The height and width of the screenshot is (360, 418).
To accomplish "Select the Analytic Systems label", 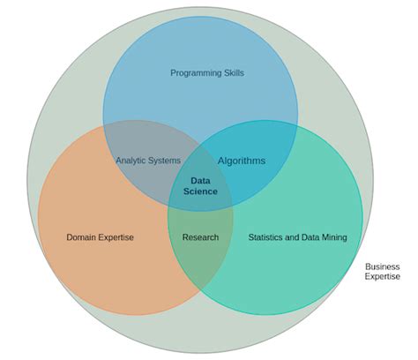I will click(x=148, y=161).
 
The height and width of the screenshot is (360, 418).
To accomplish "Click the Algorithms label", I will click(x=242, y=161).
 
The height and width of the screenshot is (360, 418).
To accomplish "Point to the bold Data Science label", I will click(x=201, y=185).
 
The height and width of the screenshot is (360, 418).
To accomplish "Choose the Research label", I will click(x=200, y=237).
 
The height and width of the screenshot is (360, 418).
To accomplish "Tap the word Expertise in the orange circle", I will click(x=117, y=237).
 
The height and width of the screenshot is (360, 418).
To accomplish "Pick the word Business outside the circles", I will click(x=383, y=266).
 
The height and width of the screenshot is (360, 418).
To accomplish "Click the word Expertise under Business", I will click(x=383, y=277).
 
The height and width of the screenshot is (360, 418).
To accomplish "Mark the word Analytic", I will click(x=132, y=161).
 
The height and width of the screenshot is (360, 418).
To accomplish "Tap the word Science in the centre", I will click(x=201, y=191).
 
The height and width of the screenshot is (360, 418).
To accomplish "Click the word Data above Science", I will click(x=201, y=180).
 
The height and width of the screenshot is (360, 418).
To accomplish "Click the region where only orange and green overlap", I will click(x=200, y=256).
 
